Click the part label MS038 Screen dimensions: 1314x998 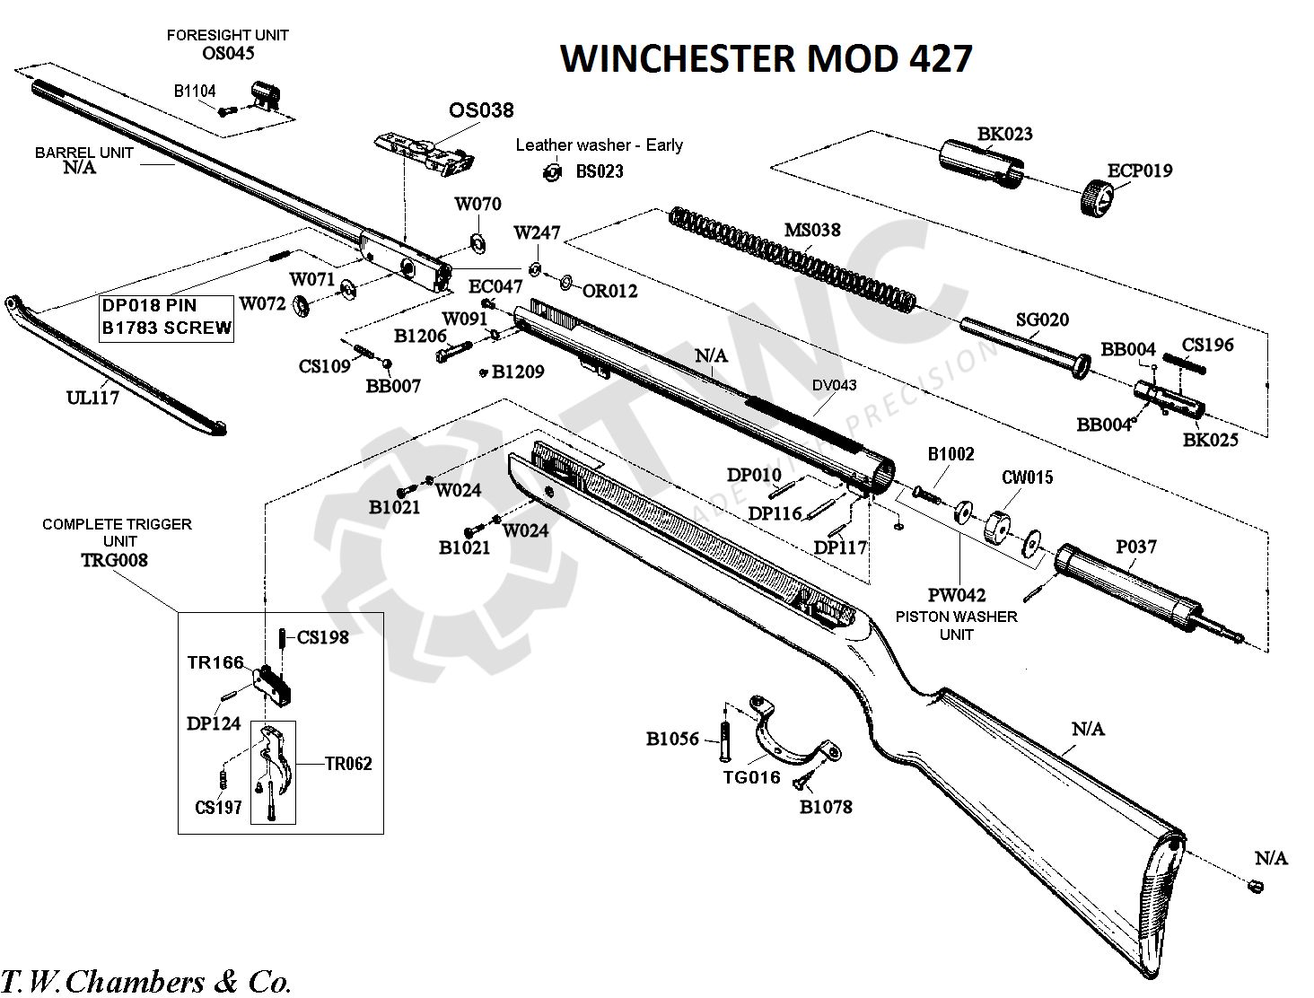811,230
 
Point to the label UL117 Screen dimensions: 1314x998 92,398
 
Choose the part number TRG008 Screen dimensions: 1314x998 114,560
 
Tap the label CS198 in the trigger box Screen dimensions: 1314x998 322,637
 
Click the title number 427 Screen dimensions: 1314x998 940,58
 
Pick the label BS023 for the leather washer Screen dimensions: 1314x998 600,171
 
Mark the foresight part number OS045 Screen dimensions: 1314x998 228,53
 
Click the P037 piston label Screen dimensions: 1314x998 1136,547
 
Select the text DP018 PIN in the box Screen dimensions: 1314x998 149,306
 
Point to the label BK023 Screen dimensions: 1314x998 1005,134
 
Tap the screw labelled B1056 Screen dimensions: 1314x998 725,741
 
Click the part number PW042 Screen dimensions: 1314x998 957,595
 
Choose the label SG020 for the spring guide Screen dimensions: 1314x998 1042,320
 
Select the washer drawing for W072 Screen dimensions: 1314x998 301,306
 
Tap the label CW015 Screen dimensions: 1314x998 1028,477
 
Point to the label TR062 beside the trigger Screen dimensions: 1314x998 348,764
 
